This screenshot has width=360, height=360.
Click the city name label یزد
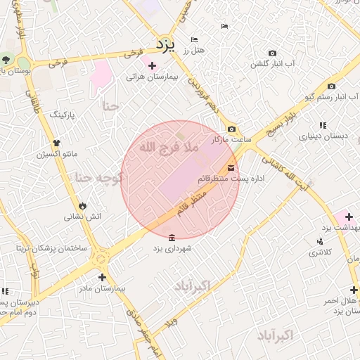[165, 46]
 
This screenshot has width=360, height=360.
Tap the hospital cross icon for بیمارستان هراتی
[152, 65]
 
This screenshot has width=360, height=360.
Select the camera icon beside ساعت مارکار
[232, 129]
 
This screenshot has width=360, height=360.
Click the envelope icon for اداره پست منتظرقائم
[231, 167]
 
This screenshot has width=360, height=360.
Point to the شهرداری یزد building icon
[172, 237]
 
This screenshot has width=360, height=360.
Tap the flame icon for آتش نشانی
[83, 205]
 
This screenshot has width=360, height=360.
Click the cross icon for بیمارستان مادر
[102, 277]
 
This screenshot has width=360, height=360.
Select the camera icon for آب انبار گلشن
[272, 53]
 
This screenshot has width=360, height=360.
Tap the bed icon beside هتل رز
[194, 39]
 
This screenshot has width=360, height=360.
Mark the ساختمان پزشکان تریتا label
[53, 249]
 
